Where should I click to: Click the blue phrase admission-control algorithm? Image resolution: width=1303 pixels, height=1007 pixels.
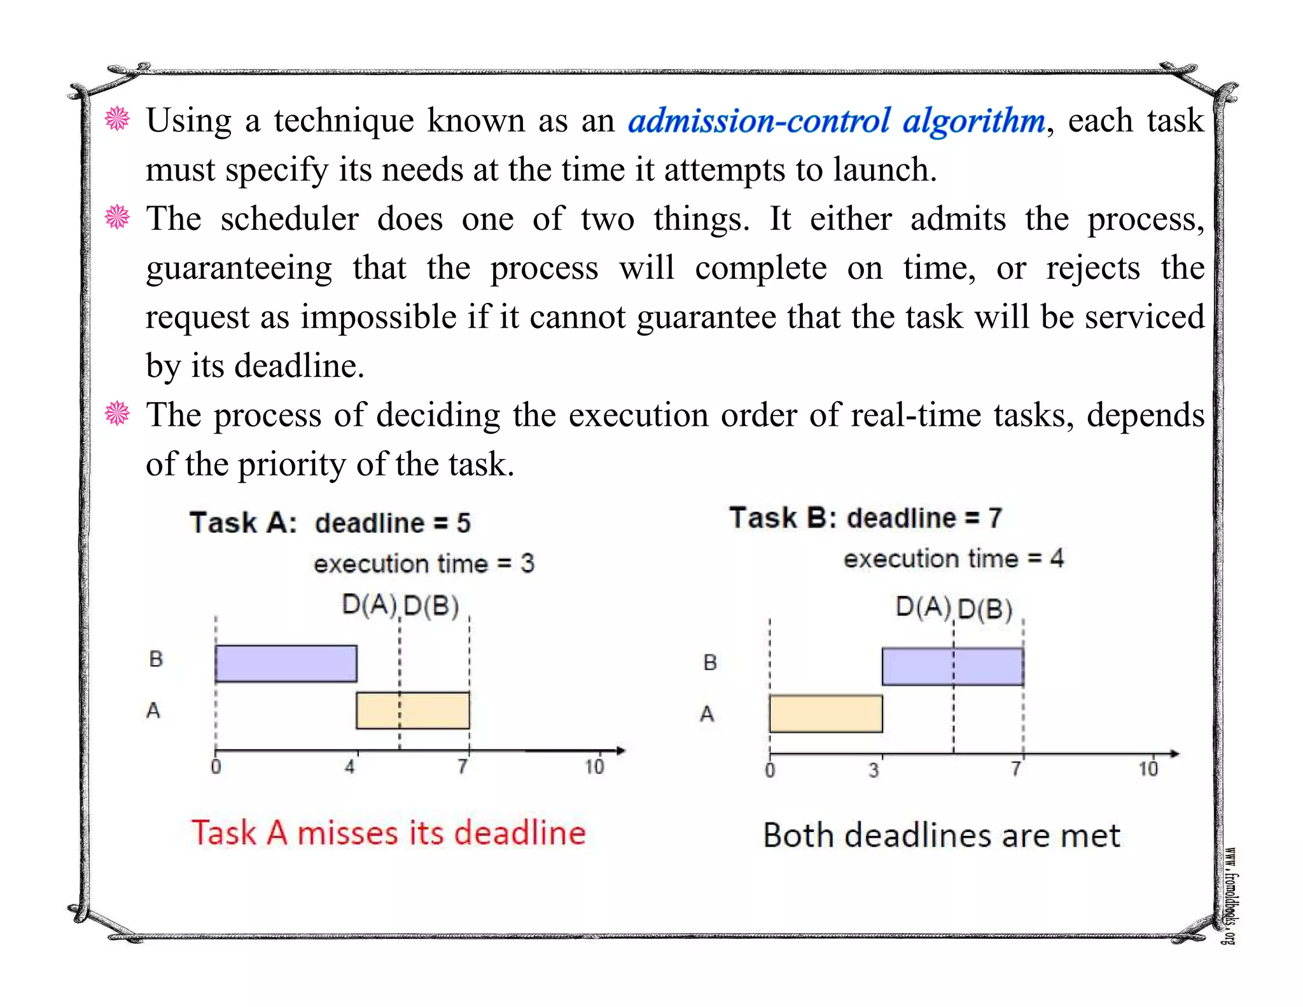[836, 121]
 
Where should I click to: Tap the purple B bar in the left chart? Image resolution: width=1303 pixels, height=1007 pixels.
[286, 663]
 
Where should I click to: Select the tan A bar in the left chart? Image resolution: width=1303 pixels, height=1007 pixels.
[413, 710]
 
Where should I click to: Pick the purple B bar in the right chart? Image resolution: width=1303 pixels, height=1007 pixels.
[952, 666]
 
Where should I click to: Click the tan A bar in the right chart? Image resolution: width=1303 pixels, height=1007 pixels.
[826, 714]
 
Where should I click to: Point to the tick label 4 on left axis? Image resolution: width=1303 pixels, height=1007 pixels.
[350, 767]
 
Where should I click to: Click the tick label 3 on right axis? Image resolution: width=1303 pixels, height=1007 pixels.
[874, 771]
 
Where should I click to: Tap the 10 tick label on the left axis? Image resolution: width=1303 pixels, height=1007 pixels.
[594, 767]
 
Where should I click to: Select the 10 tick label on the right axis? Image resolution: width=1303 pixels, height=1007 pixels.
[1148, 770]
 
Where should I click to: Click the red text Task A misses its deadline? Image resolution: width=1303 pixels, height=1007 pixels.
[388, 833]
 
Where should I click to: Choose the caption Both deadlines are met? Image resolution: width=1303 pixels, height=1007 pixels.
[941, 836]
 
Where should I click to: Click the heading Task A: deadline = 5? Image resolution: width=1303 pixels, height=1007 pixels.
[330, 523]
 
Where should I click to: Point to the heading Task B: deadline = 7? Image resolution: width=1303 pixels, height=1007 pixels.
[865, 518]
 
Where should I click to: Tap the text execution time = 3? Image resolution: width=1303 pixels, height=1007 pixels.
[424, 563]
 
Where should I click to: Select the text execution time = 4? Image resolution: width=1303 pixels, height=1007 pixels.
[953, 559]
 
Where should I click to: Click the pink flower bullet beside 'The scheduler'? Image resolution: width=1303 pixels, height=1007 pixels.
[117, 218]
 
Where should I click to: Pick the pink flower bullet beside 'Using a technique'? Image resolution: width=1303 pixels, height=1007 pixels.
[117, 119]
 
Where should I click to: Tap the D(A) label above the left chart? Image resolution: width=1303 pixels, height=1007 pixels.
[369, 604]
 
